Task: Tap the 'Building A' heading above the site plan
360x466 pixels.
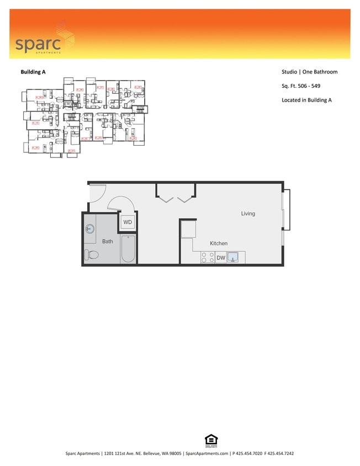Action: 33,72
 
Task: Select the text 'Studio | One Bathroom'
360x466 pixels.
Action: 309,72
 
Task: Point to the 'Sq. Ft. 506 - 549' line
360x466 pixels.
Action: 301,86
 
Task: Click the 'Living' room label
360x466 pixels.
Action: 248,214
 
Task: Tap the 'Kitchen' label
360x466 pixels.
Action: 218,243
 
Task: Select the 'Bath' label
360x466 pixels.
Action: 108,241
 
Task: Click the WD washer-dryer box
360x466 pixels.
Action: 128,223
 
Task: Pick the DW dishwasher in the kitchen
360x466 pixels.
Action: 221,258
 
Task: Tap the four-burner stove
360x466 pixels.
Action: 207,257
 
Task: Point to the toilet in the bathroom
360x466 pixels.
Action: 92,255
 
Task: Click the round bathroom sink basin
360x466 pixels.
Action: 90,229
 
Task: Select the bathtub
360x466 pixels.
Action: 128,249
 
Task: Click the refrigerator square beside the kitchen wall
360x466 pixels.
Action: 187,229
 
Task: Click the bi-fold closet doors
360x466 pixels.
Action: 176,195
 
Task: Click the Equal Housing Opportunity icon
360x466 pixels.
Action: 211,440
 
